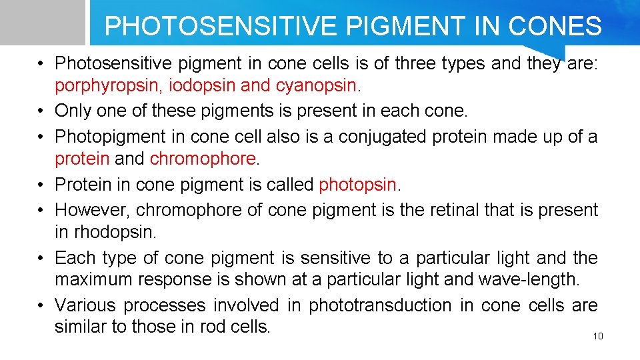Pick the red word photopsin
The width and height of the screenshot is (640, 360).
pos(358,185)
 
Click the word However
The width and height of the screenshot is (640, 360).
pos(92,209)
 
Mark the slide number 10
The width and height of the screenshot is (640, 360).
pos(597,336)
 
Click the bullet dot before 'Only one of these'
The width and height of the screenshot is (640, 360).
pos(41,111)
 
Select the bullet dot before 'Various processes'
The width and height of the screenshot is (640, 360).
pos(41,306)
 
